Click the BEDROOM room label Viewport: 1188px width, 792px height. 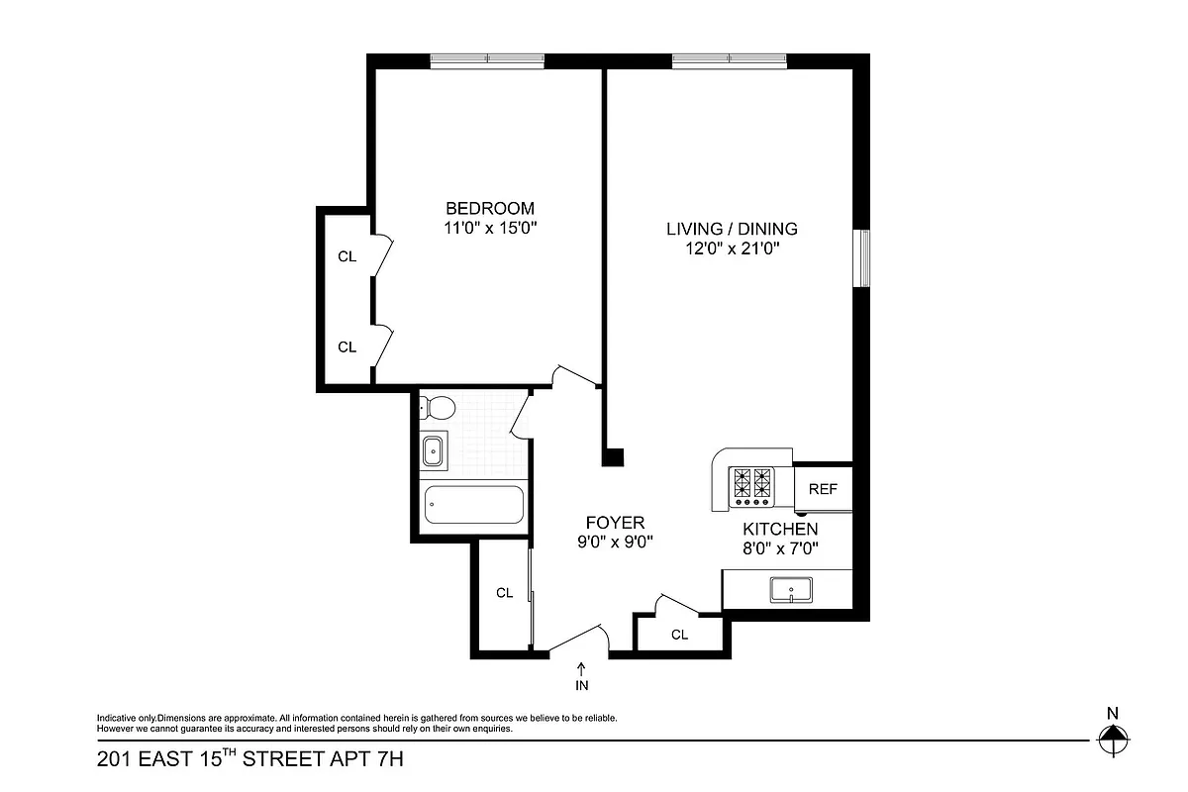(x=490, y=208)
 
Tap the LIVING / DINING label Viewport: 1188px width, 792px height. (x=732, y=229)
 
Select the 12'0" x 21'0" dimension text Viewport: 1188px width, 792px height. (x=732, y=249)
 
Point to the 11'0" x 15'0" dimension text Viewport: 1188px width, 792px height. (x=490, y=228)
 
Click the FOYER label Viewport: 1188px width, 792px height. (x=615, y=522)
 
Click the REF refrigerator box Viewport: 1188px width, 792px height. (x=823, y=489)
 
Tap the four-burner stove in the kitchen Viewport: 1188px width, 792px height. (x=750, y=483)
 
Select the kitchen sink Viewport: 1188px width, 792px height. (x=791, y=590)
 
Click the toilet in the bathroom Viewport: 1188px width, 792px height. (x=437, y=407)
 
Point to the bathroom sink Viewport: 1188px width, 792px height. (x=434, y=451)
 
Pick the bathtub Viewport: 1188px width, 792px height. (x=473, y=506)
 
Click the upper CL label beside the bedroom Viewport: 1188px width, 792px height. (x=346, y=256)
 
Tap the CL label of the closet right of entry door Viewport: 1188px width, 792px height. (x=679, y=635)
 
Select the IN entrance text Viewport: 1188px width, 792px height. (x=581, y=684)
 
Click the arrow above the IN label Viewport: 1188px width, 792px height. (x=581, y=668)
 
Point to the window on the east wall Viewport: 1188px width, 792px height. (x=863, y=258)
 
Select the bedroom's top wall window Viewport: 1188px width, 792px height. (x=487, y=61)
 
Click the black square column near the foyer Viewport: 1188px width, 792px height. (x=614, y=457)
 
